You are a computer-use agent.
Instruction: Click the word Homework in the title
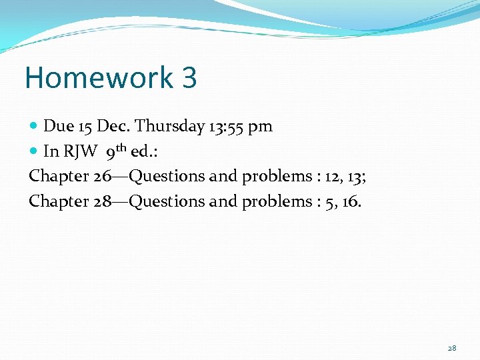[99, 78]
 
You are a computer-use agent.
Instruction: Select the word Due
[57, 126]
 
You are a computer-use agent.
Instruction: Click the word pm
[260, 126]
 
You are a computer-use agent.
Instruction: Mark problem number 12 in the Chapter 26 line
[331, 177]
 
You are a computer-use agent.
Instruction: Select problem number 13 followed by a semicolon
[355, 177]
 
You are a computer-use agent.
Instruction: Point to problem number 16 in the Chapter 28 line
[351, 201]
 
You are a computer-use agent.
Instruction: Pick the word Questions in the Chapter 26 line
[167, 177]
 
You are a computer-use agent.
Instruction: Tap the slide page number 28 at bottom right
[452, 348]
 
